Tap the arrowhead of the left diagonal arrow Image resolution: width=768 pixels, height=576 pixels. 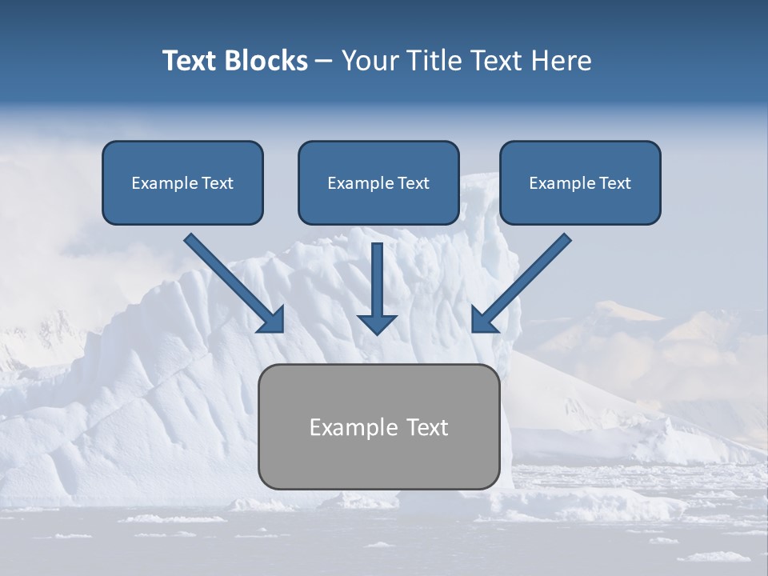click(270, 319)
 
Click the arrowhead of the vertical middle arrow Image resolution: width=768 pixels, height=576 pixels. click(377, 323)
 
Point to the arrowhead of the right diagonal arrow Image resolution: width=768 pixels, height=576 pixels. click(485, 319)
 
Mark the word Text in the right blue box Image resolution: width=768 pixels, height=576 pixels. click(615, 183)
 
